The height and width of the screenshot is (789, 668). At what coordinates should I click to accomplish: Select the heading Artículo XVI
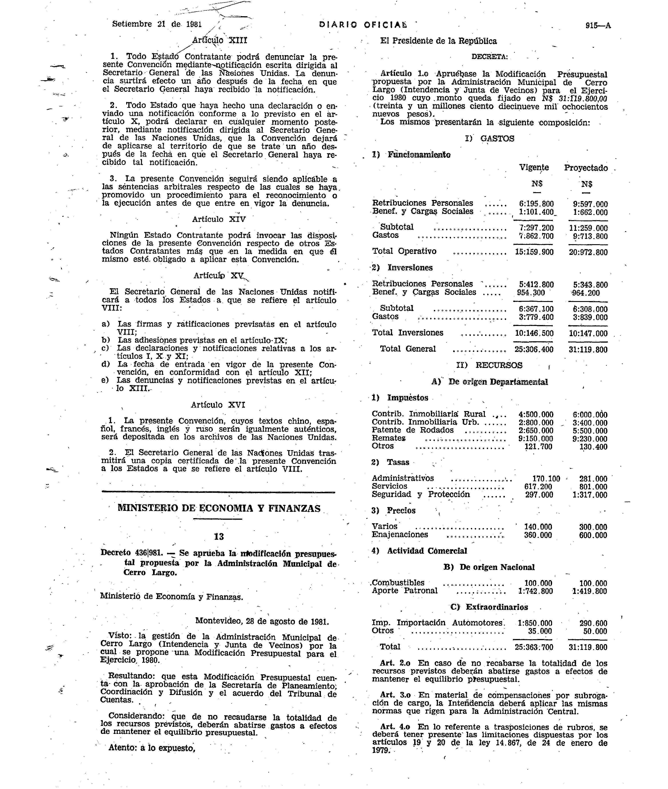218,405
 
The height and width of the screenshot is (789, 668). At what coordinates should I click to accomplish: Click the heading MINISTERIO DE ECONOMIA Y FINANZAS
219,508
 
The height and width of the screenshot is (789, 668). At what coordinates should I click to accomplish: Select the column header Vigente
534,168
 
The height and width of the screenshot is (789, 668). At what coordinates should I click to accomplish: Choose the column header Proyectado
586,168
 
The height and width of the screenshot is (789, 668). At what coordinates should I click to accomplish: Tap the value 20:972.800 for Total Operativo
588,252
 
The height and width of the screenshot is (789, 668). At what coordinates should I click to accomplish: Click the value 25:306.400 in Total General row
534,349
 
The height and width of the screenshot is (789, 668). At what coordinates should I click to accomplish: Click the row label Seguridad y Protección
421,494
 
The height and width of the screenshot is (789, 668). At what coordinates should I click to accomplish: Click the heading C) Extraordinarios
489,607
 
